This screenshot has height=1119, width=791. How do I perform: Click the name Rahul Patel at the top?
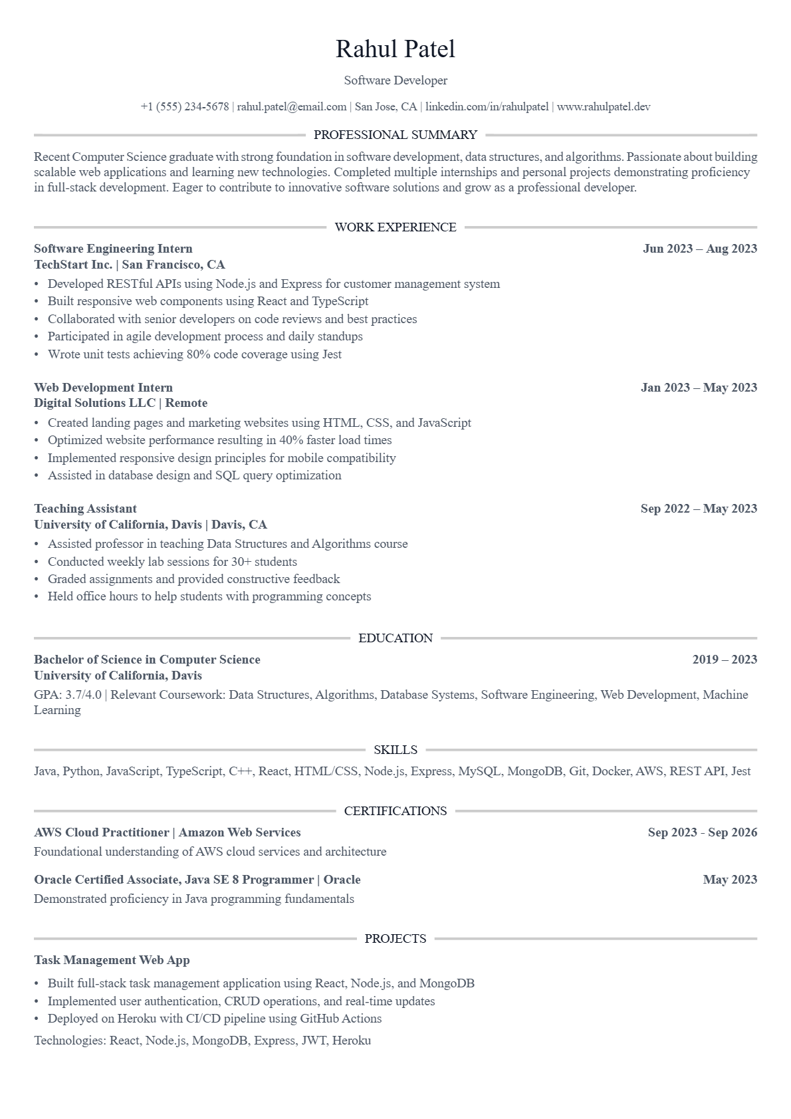395,49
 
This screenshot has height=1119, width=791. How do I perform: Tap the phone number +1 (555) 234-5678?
185,106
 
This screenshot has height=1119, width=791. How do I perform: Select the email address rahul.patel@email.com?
292,106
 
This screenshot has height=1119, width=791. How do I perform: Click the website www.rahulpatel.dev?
604,106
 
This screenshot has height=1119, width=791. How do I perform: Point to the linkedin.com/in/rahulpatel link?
487,106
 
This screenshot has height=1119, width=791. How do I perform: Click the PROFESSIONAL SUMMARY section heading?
395,135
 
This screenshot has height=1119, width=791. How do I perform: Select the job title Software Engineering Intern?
113,249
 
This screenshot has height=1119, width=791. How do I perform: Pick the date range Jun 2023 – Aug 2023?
700,249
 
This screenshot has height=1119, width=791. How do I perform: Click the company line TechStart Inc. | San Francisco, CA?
130,265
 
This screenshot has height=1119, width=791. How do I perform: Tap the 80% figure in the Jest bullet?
198,354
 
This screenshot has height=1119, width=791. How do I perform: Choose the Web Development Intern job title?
103,388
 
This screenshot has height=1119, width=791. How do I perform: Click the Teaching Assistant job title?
85,509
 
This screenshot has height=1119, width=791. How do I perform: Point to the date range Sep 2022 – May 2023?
699,509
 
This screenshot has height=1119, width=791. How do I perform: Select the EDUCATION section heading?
395,638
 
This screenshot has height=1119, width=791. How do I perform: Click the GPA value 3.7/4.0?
84,695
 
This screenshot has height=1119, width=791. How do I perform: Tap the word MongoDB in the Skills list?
535,771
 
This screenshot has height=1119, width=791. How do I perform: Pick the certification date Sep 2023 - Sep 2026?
703,832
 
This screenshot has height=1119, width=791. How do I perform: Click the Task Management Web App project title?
112,960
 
